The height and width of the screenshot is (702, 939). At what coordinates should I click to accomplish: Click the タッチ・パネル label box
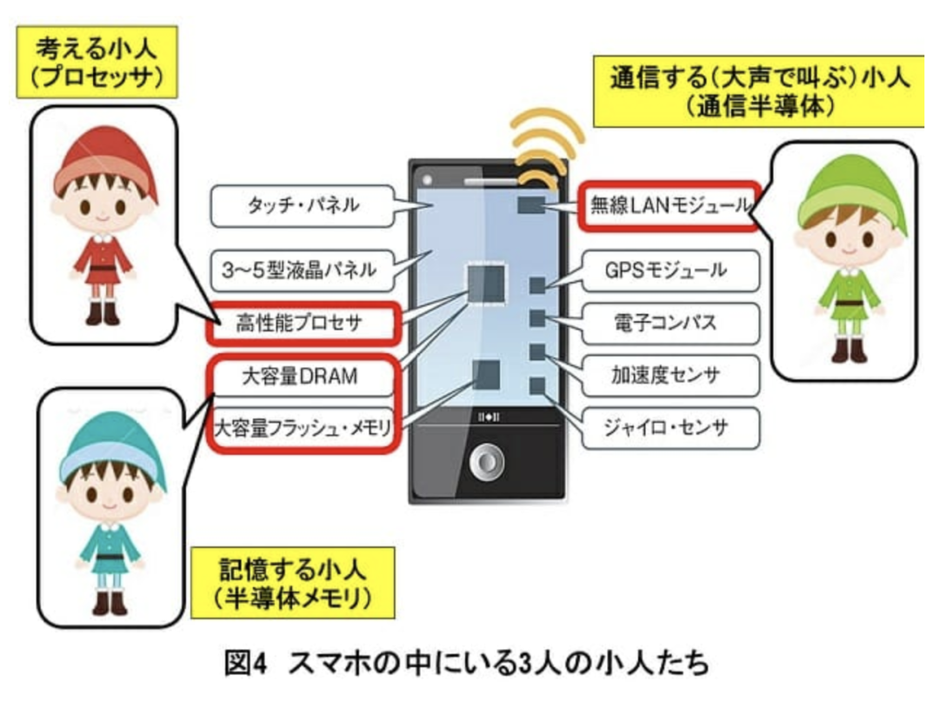pos(303,205)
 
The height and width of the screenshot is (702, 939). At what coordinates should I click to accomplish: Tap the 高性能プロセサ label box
pos(303,324)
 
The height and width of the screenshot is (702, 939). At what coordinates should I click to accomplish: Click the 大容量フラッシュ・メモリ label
pos(303,428)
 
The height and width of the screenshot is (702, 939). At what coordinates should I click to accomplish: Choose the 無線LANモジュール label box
pos(669,205)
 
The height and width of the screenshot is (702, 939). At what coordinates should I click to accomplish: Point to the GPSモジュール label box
pos(670,271)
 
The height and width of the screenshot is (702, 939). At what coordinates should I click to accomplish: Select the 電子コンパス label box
pos(670,323)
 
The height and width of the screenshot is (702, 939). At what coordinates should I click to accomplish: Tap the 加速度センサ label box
pos(670,376)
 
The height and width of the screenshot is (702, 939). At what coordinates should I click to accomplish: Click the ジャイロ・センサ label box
pos(670,428)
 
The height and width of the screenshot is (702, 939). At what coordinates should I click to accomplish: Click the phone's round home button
pos(487,463)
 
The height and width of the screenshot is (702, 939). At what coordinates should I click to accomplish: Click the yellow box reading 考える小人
pos(97,62)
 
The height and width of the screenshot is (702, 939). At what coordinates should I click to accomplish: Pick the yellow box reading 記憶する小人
pos(292,583)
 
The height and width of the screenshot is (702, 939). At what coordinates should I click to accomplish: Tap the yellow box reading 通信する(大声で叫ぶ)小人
pos(758,91)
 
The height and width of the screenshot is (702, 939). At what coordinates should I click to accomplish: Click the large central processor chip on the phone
pos(486,283)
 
